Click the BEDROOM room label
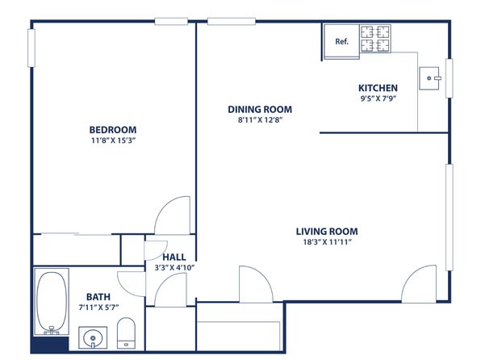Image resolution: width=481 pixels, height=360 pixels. pyautogui.click(x=113, y=130)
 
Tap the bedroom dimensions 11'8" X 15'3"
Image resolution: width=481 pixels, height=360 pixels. pyautogui.click(x=113, y=140)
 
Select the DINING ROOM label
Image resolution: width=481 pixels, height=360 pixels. pyautogui.click(x=260, y=109)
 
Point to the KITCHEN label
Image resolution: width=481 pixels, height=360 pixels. pyautogui.click(x=378, y=88)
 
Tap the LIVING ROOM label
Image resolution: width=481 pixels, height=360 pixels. pyautogui.click(x=327, y=232)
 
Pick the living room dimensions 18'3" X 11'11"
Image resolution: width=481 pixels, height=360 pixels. pyautogui.click(x=327, y=242)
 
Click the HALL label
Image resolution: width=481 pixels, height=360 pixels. pyautogui.click(x=174, y=257)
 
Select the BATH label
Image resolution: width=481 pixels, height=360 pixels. pyautogui.click(x=98, y=297)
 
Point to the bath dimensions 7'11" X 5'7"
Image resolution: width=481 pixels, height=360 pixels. pyautogui.click(x=98, y=308)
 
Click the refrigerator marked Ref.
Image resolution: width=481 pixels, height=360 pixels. pyautogui.click(x=341, y=41)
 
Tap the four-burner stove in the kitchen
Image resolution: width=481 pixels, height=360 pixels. pyautogui.click(x=374, y=39)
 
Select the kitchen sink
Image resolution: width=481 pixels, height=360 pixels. pyautogui.click(x=429, y=78)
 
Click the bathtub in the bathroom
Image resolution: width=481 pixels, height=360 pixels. pyautogui.click(x=51, y=302)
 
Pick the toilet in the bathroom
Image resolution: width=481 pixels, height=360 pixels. pyautogui.click(x=127, y=333)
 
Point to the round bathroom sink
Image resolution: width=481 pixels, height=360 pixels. pyautogui.click(x=93, y=338)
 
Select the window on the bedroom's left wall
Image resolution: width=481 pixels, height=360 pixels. pyautogui.click(x=31, y=48)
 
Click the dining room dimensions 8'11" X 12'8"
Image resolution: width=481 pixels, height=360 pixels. pyautogui.click(x=260, y=120)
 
